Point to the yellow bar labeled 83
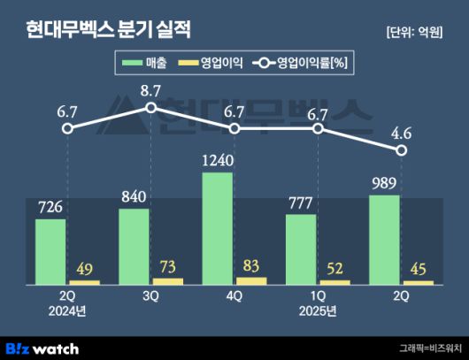pyautogui.click(x=251, y=280)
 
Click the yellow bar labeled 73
pyautogui.click(x=167, y=281)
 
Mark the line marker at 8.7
pyautogui.click(x=150, y=108)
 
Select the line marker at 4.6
pyautogui.click(x=402, y=150)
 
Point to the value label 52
pyautogui.click(x=335, y=268)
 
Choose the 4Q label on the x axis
pyautogui.click(x=234, y=297)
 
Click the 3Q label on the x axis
pyautogui.click(x=150, y=297)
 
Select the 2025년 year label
pyautogui.click(x=318, y=311)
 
